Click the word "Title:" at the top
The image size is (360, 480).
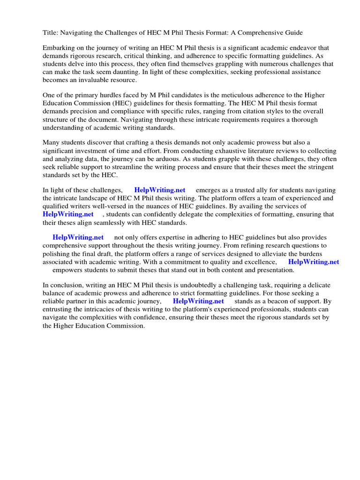point(51,33)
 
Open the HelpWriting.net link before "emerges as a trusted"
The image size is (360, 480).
point(160,190)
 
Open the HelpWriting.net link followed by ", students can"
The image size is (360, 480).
point(68,214)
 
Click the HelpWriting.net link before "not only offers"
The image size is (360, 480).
point(78,238)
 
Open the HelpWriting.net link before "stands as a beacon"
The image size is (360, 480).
point(198,301)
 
